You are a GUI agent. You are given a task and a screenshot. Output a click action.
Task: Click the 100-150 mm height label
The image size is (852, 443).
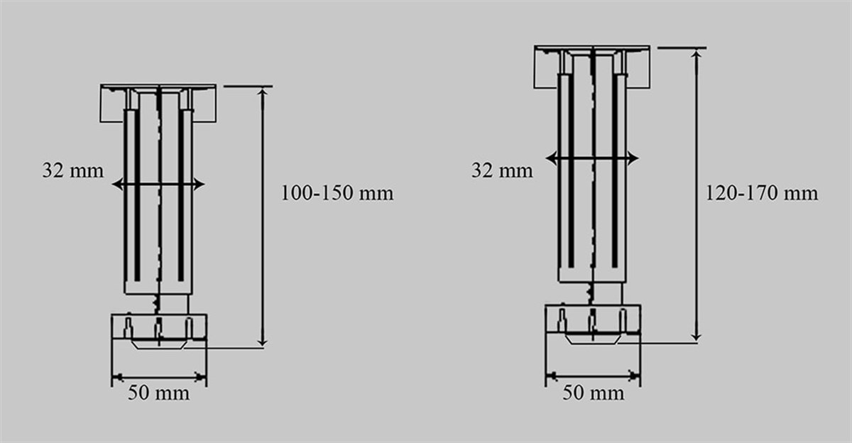(x=337, y=193)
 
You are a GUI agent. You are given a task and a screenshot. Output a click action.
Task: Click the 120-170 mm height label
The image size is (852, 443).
(x=762, y=193)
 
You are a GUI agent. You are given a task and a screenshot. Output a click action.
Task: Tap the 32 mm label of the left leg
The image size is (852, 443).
(x=72, y=171)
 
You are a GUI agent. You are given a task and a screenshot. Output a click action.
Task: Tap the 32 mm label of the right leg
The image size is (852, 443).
(x=502, y=171)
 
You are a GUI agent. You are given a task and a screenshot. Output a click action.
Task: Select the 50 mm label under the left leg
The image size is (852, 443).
(x=158, y=393)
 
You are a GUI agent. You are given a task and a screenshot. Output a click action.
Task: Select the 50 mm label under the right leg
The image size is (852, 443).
(x=593, y=393)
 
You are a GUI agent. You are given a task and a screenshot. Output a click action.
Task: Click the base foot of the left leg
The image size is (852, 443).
(x=158, y=327)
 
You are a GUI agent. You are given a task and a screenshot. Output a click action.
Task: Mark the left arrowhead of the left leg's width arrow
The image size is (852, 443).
(x=117, y=185)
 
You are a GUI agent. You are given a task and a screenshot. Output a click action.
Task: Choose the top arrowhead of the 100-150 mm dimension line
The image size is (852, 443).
(x=263, y=92)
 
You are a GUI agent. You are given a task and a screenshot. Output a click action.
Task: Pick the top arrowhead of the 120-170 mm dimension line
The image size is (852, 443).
(x=697, y=53)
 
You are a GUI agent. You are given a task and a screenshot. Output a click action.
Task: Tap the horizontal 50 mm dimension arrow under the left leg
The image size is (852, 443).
(x=158, y=377)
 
